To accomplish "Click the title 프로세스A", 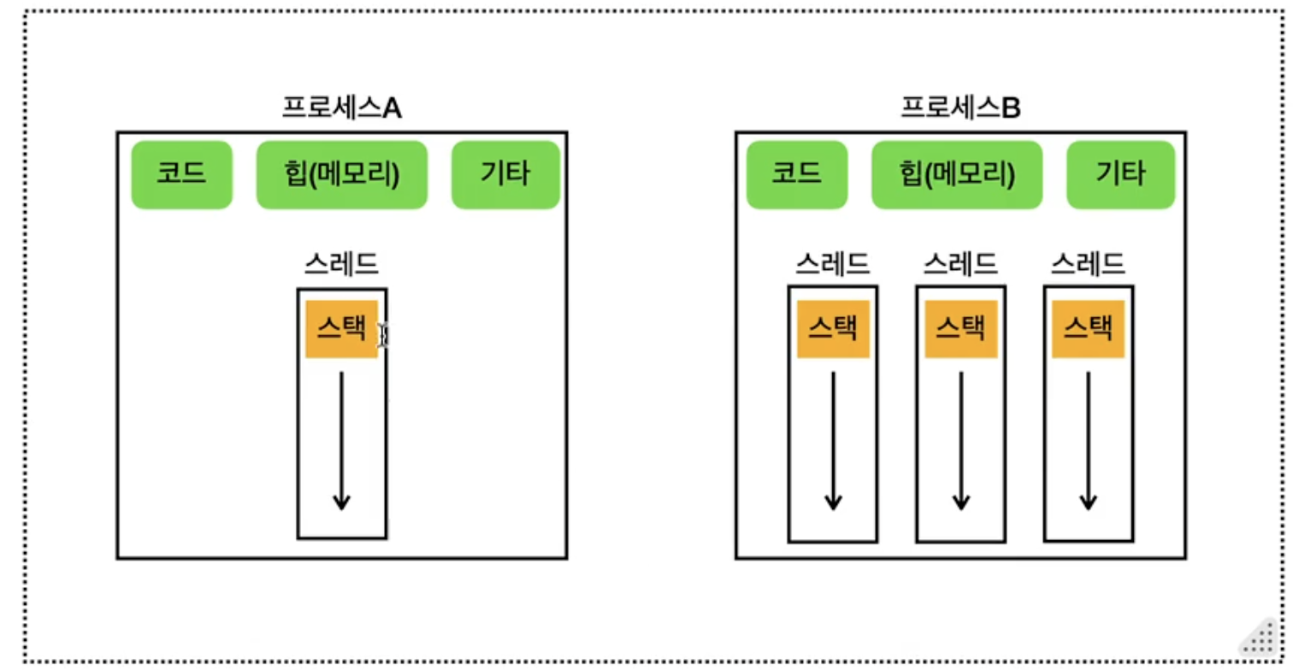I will pyautogui.click(x=341, y=109).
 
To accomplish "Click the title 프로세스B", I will pyautogui.click(x=960, y=109).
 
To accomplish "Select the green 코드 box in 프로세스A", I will pyautogui.click(x=181, y=174).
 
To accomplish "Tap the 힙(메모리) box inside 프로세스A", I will pyautogui.click(x=341, y=174).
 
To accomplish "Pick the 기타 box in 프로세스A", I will pyautogui.click(x=505, y=174).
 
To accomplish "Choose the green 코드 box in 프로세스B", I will pyautogui.click(x=797, y=174).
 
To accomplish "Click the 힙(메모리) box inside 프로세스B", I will pyautogui.click(x=957, y=174).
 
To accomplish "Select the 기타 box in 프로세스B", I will pyautogui.click(x=1121, y=174).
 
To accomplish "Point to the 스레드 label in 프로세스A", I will pyautogui.click(x=341, y=264).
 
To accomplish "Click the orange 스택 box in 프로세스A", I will pyautogui.click(x=341, y=328).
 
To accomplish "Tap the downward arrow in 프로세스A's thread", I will pyautogui.click(x=341, y=440).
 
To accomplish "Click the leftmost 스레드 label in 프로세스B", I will pyautogui.click(x=832, y=262).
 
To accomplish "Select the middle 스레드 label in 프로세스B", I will pyautogui.click(x=960, y=262).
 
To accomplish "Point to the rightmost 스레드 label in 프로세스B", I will pyautogui.click(x=1088, y=262).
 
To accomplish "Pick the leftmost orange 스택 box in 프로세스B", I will pyautogui.click(x=833, y=328).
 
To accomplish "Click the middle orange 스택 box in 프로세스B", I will pyautogui.click(x=960, y=328).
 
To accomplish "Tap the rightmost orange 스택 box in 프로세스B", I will pyautogui.click(x=1088, y=328).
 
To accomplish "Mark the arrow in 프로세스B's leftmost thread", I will pyautogui.click(x=833, y=440).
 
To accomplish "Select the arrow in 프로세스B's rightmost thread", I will pyautogui.click(x=1088, y=440).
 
